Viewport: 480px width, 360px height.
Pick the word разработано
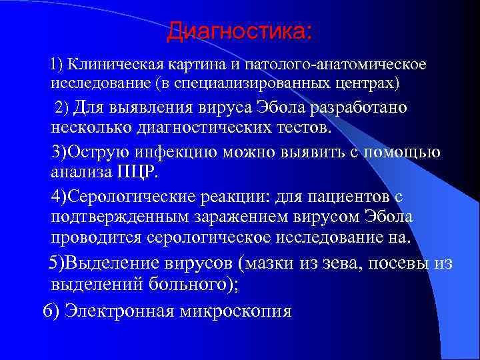coord(356,107)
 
